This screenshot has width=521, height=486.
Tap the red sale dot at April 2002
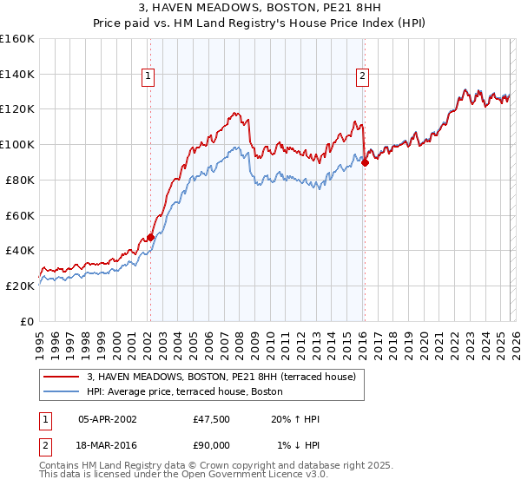(x=150, y=236)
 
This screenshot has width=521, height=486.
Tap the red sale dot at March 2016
(x=365, y=161)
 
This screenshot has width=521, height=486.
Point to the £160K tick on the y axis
(x=17, y=39)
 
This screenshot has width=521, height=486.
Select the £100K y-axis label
(x=17, y=144)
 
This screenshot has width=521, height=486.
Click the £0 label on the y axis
(x=26, y=321)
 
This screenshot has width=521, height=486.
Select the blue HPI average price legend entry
(x=184, y=391)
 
